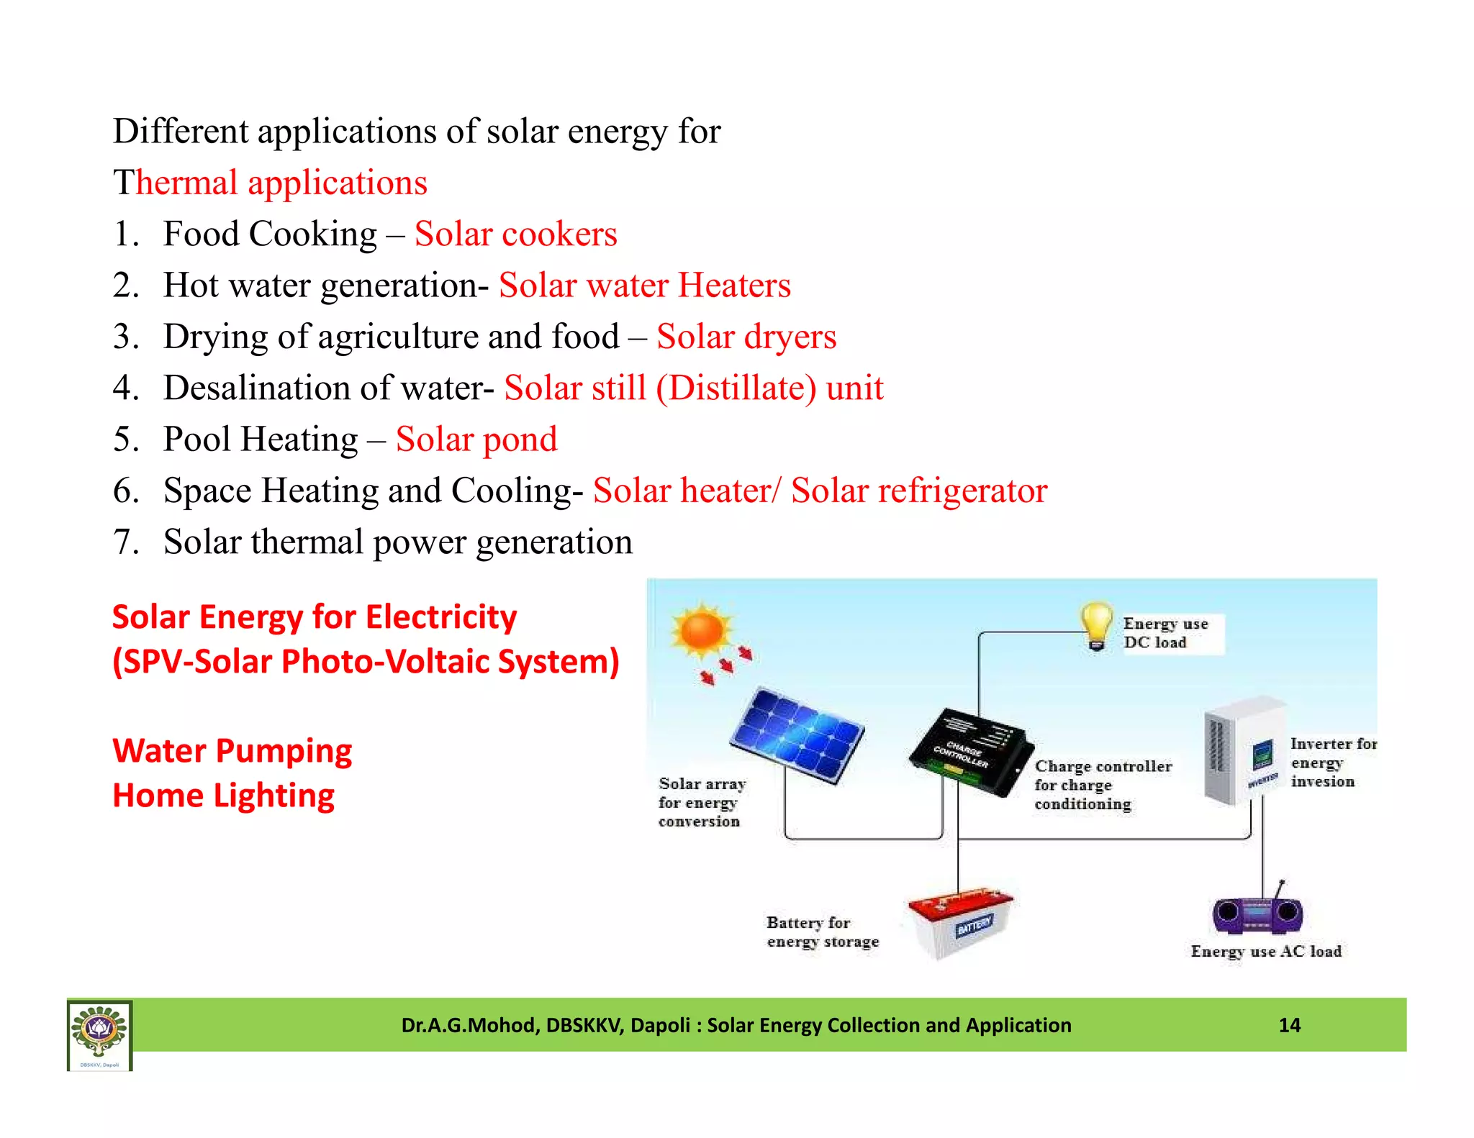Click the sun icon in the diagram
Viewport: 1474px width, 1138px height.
[x=702, y=631]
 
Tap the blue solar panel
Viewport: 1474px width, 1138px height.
[x=797, y=734]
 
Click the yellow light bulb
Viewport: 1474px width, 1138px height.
[x=1096, y=624]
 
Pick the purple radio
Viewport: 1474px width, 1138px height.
[x=1257, y=914]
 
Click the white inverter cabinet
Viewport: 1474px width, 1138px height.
[x=1243, y=750]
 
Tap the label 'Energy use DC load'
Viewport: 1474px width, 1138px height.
[x=1165, y=633]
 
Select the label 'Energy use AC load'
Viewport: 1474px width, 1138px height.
[x=1266, y=951]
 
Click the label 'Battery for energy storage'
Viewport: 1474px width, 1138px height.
[x=823, y=932]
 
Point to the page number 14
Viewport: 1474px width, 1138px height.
[x=1289, y=1025]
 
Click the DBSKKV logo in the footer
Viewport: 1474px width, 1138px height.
[x=99, y=1034]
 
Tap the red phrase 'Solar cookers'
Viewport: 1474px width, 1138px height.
[x=515, y=234]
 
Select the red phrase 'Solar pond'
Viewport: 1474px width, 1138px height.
[x=476, y=439]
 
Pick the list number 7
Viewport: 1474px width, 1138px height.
[x=125, y=542]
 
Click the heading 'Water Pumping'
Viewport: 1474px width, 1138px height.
[x=232, y=751]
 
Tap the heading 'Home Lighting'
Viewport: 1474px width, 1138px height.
[x=224, y=796]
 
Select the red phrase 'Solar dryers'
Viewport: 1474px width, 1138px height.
[x=746, y=337]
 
